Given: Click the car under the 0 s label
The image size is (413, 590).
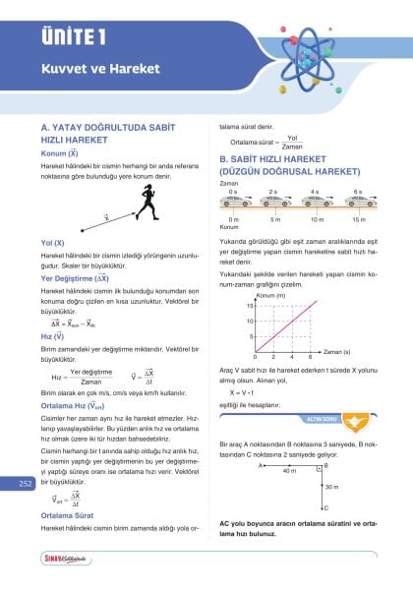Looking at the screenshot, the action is pos(234,201).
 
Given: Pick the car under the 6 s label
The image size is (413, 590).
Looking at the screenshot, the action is pos(358,201).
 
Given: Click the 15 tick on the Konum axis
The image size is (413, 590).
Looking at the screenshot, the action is pos(251,306).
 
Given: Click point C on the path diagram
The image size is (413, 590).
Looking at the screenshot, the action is pos(325,508).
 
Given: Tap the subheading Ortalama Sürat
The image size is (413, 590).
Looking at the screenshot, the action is pos(68,515).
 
